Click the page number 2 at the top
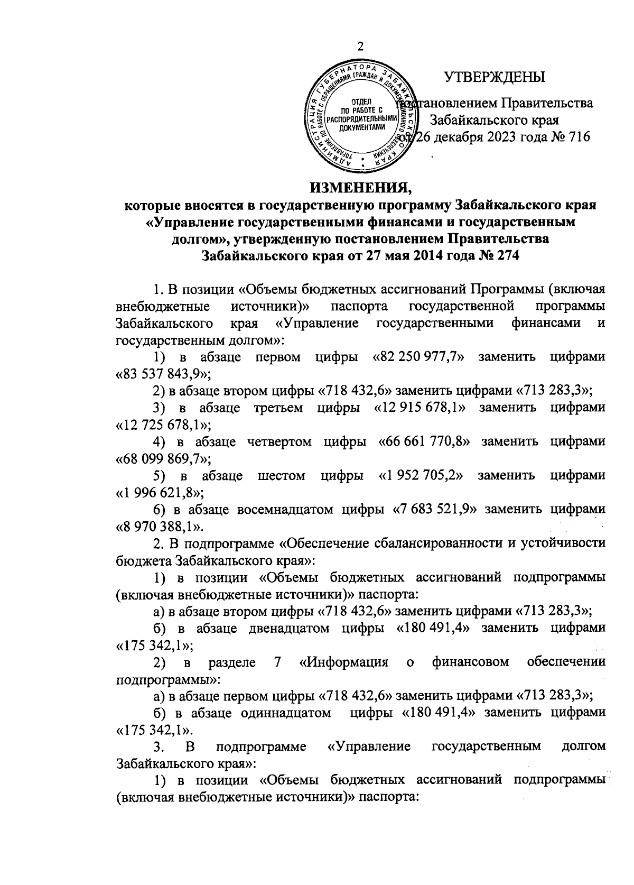pos(361,47)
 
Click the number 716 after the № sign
pos(576,137)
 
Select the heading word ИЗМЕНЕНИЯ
pos(360,187)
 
